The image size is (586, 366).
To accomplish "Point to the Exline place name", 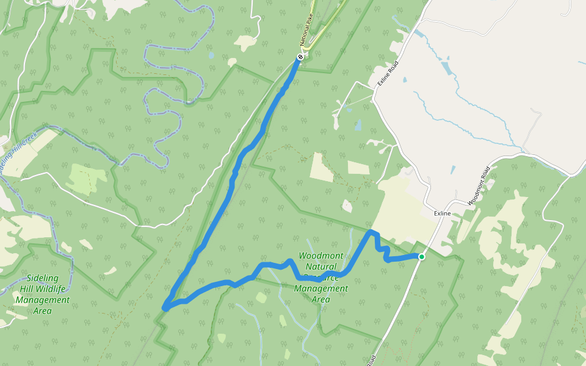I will pyautogui.click(x=442, y=213).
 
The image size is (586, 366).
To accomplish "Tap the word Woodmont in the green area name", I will pyautogui.click(x=321, y=256).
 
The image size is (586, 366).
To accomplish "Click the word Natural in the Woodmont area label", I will pyautogui.click(x=321, y=267).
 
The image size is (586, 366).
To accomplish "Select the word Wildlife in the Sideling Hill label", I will pyautogui.click(x=51, y=289).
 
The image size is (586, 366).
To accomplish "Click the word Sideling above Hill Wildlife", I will pyautogui.click(x=43, y=278).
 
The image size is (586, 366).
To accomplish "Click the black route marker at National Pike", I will pyautogui.click(x=300, y=57).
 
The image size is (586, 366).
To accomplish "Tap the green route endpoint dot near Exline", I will pyautogui.click(x=421, y=257).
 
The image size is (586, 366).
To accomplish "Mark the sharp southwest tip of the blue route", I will pyautogui.click(x=165, y=307).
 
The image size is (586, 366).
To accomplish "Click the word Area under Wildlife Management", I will pyautogui.click(x=42, y=311).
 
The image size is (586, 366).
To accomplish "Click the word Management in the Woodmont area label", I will pyautogui.click(x=321, y=289).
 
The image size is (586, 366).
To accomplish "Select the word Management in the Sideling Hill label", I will pyautogui.click(x=42, y=300).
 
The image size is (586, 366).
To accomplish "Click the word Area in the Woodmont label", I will pyautogui.click(x=321, y=300).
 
